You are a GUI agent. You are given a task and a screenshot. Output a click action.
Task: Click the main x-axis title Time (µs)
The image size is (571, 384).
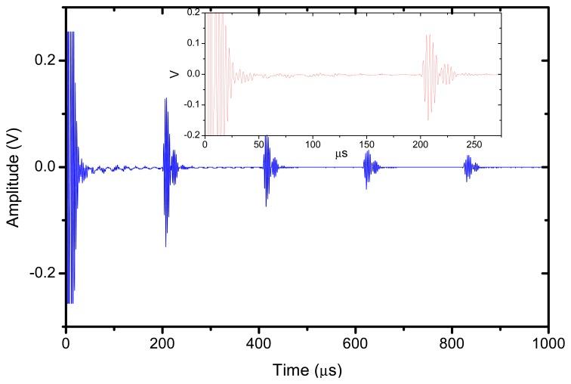[x=307, y=372]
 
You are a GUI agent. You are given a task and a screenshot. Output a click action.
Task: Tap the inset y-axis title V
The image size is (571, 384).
[x=174, y=74]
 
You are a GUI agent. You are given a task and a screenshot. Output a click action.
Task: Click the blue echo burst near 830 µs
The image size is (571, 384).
[x=470, y=167]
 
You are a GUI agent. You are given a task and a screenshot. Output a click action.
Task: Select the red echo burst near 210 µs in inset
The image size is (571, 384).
[x=429, y=75]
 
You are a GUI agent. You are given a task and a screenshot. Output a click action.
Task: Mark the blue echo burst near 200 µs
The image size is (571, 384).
[x=166, y=166]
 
